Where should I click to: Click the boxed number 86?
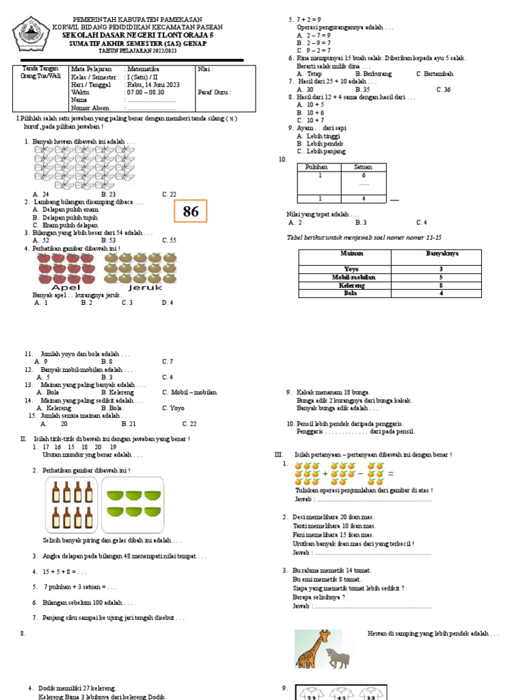coord(191,212)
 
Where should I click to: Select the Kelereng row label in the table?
coord(351,285)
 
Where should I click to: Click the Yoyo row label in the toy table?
coord(351,269)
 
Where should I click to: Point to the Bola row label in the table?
coord(351,293)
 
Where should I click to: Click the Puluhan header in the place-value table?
coord(319,167)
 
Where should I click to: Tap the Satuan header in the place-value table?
coord(364,167)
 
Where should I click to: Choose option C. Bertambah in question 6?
coord(434,73)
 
